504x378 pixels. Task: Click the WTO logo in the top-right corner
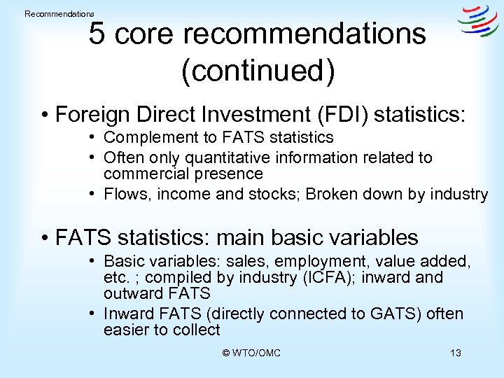pos(478,22)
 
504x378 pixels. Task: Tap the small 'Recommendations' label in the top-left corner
pos(59,14)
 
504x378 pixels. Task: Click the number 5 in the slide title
pos(97,33)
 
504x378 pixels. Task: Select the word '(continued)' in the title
pos(258,71)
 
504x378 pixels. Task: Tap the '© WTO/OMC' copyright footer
pos(251,353)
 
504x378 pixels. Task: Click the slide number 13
pos(456,353)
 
